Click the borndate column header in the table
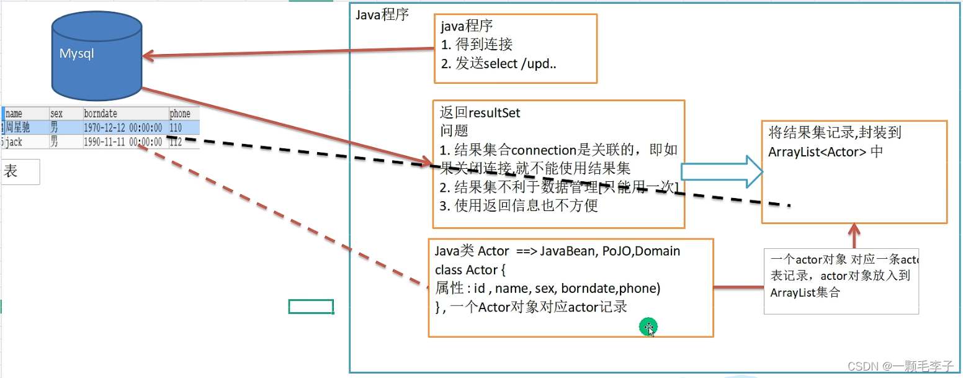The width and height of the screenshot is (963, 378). click(x=101, y=114)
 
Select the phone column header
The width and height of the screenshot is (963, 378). click(x=180, y=114)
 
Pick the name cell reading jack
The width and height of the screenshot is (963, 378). click(x=14, y=142)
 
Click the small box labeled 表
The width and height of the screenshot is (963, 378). click(x=20, y=172)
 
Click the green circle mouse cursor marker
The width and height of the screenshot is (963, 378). click(x=648, y=326)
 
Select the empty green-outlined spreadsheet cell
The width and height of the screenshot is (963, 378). click(x=311, y=306)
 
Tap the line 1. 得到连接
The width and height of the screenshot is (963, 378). click(x=477, y=44)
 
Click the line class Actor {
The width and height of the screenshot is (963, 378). click(x=470, y=270)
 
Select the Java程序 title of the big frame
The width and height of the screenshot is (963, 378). click(x=382, y=15)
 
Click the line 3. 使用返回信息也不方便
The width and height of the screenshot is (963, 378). click(x=519, y=206)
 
